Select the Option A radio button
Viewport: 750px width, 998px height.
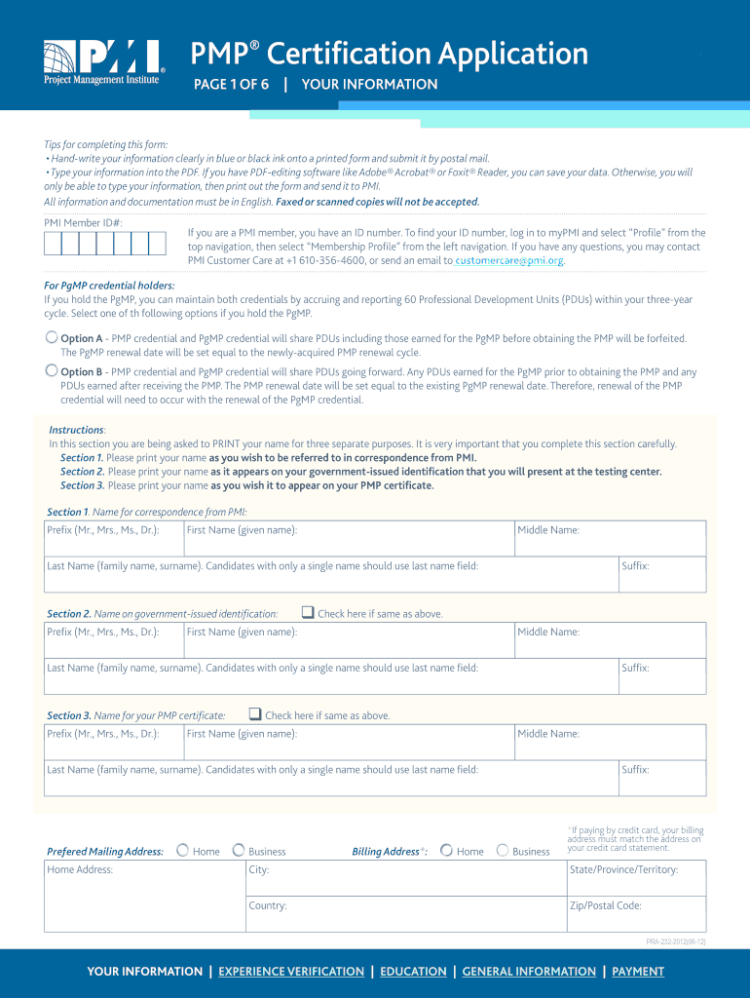pos(52,337)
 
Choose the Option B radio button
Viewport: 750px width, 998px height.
pos(52,370)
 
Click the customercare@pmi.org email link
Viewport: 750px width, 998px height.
pos(509,261)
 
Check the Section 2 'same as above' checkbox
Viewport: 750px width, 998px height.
pos(307,613)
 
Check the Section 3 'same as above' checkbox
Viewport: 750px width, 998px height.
pos(254,714)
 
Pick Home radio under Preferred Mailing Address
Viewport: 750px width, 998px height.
pos(182,851)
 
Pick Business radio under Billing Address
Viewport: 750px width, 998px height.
pos(503,851)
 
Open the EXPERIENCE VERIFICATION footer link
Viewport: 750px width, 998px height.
pos(291,972)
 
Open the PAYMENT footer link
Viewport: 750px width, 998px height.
pos(638,972)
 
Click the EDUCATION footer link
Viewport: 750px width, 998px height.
pos(413,972)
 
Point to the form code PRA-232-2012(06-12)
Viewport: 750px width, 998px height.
pos(675,941)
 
